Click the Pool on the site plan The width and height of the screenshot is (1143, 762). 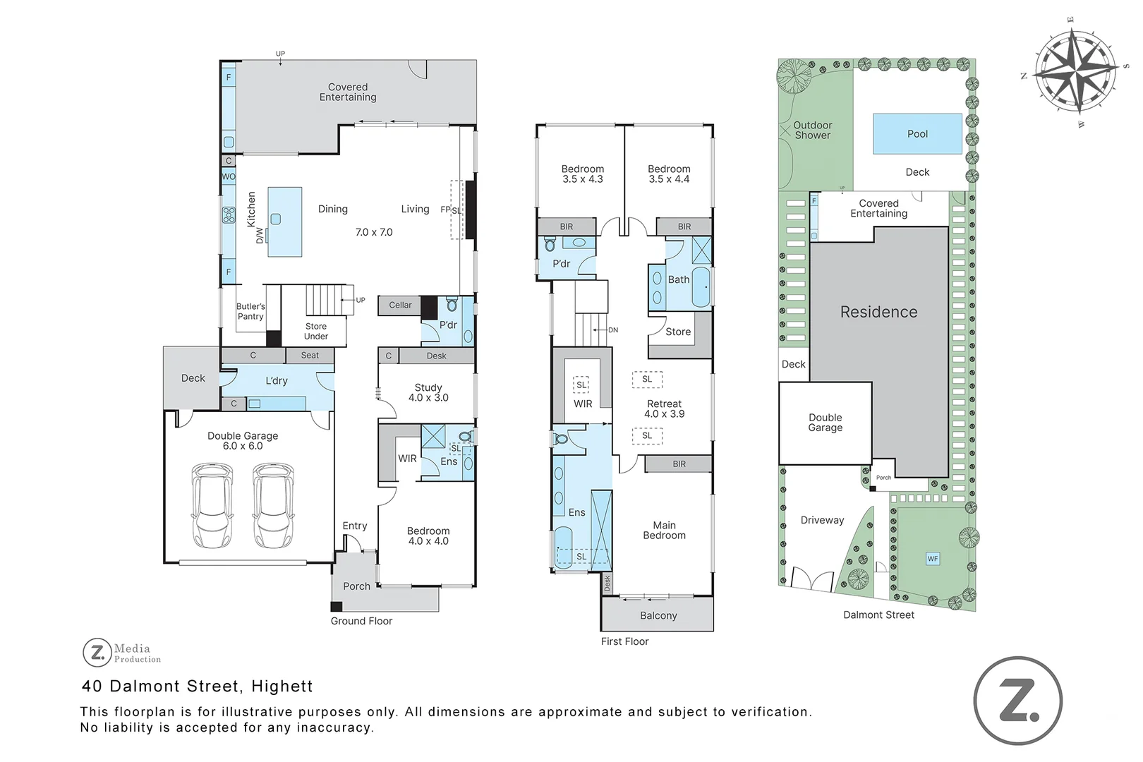pyautogui.click(x=917, y=134)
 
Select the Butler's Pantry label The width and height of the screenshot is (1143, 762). pyautogui.click(x=250, y=311)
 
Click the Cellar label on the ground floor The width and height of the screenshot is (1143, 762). pyautogui.click(x=400, y=306)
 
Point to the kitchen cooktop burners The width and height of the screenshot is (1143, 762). pyautogui.click(x=229, y=215)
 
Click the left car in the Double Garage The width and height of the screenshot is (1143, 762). pyautogui.click(x=212, y=505)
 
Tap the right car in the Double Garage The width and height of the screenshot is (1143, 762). pyautogui.click(x=274, y=505)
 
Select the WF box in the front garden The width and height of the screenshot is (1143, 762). pyautogui.click(x=933, y=559)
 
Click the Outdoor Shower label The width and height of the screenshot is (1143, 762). pyautogui.click(x=812, y=130)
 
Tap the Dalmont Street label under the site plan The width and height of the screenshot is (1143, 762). pyautogui.click(x=878, y=615)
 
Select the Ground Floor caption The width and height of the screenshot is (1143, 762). pyautogui.click(x=361, y=621)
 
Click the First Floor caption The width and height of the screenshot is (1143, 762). pyautogui.click(x=624, y=641)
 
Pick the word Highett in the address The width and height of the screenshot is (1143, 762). pyautogui.click(x=282, y=686)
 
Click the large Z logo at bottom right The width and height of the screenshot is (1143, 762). pyautogui.click(x=1018, y=701)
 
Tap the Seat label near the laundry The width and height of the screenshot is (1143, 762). pyautogui.click(x=310, y=355)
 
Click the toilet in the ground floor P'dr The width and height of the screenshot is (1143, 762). pyautogui.click(x=452, y=305)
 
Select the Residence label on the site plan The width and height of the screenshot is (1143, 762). pyautogui.click(x=878, y=312)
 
